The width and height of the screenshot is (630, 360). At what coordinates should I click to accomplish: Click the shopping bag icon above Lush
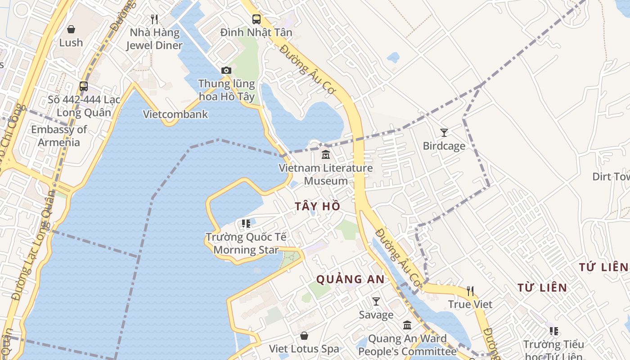(71, 29)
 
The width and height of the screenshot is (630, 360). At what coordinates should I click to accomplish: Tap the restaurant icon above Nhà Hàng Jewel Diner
(154, 19)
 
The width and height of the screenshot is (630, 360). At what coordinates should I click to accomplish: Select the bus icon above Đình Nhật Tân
(256, 19)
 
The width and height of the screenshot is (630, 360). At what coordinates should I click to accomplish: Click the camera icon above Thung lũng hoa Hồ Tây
(226, 70)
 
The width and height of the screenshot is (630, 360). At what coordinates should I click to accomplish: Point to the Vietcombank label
(175, 114)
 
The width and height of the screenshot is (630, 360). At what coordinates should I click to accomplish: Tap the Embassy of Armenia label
(59, 136)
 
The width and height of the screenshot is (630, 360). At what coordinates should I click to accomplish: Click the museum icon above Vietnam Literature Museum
(325, 155)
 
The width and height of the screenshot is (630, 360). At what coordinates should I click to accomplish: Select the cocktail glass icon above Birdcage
(444, 133)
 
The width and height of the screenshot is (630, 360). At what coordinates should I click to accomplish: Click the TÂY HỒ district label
(318, 207)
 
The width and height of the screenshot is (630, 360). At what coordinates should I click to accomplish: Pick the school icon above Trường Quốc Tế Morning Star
(246, 224)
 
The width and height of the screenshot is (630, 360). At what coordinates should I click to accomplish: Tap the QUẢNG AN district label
(351, 279)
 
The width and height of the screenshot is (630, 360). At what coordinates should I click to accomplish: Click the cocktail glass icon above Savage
(376, 301)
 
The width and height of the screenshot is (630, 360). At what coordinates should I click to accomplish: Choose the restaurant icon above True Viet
(470, 291)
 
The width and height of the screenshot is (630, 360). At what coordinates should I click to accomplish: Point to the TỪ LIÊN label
(542, 288)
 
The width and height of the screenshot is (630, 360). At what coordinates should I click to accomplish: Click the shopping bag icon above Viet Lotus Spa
(304, 336)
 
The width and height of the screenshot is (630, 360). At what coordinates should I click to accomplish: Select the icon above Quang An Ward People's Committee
(407, 325)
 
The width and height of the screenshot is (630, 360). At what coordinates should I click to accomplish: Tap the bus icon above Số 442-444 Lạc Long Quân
(84, 86)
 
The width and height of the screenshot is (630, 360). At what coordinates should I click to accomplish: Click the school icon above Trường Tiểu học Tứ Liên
(554, 331)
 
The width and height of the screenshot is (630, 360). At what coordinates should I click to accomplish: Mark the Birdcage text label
(444, 146)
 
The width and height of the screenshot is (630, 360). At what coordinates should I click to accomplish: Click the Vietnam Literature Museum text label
(326, 175)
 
